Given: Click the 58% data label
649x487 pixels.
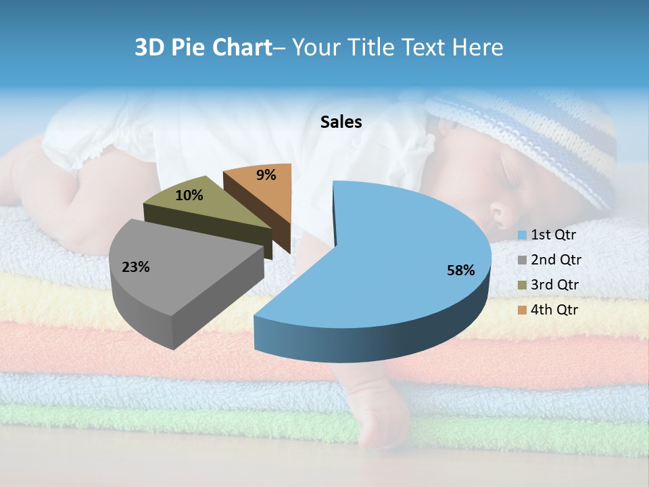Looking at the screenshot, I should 461,271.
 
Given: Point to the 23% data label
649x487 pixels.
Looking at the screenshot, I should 136,267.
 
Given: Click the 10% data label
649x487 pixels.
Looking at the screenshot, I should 189,195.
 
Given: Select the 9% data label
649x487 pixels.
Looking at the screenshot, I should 266,175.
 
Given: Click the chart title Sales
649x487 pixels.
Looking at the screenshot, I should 341,122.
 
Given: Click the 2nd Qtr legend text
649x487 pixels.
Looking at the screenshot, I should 556,260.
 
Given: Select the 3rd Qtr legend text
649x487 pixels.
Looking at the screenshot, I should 556,285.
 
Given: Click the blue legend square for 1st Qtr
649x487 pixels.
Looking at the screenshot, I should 523,235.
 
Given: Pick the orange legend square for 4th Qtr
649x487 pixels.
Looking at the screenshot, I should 523,310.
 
